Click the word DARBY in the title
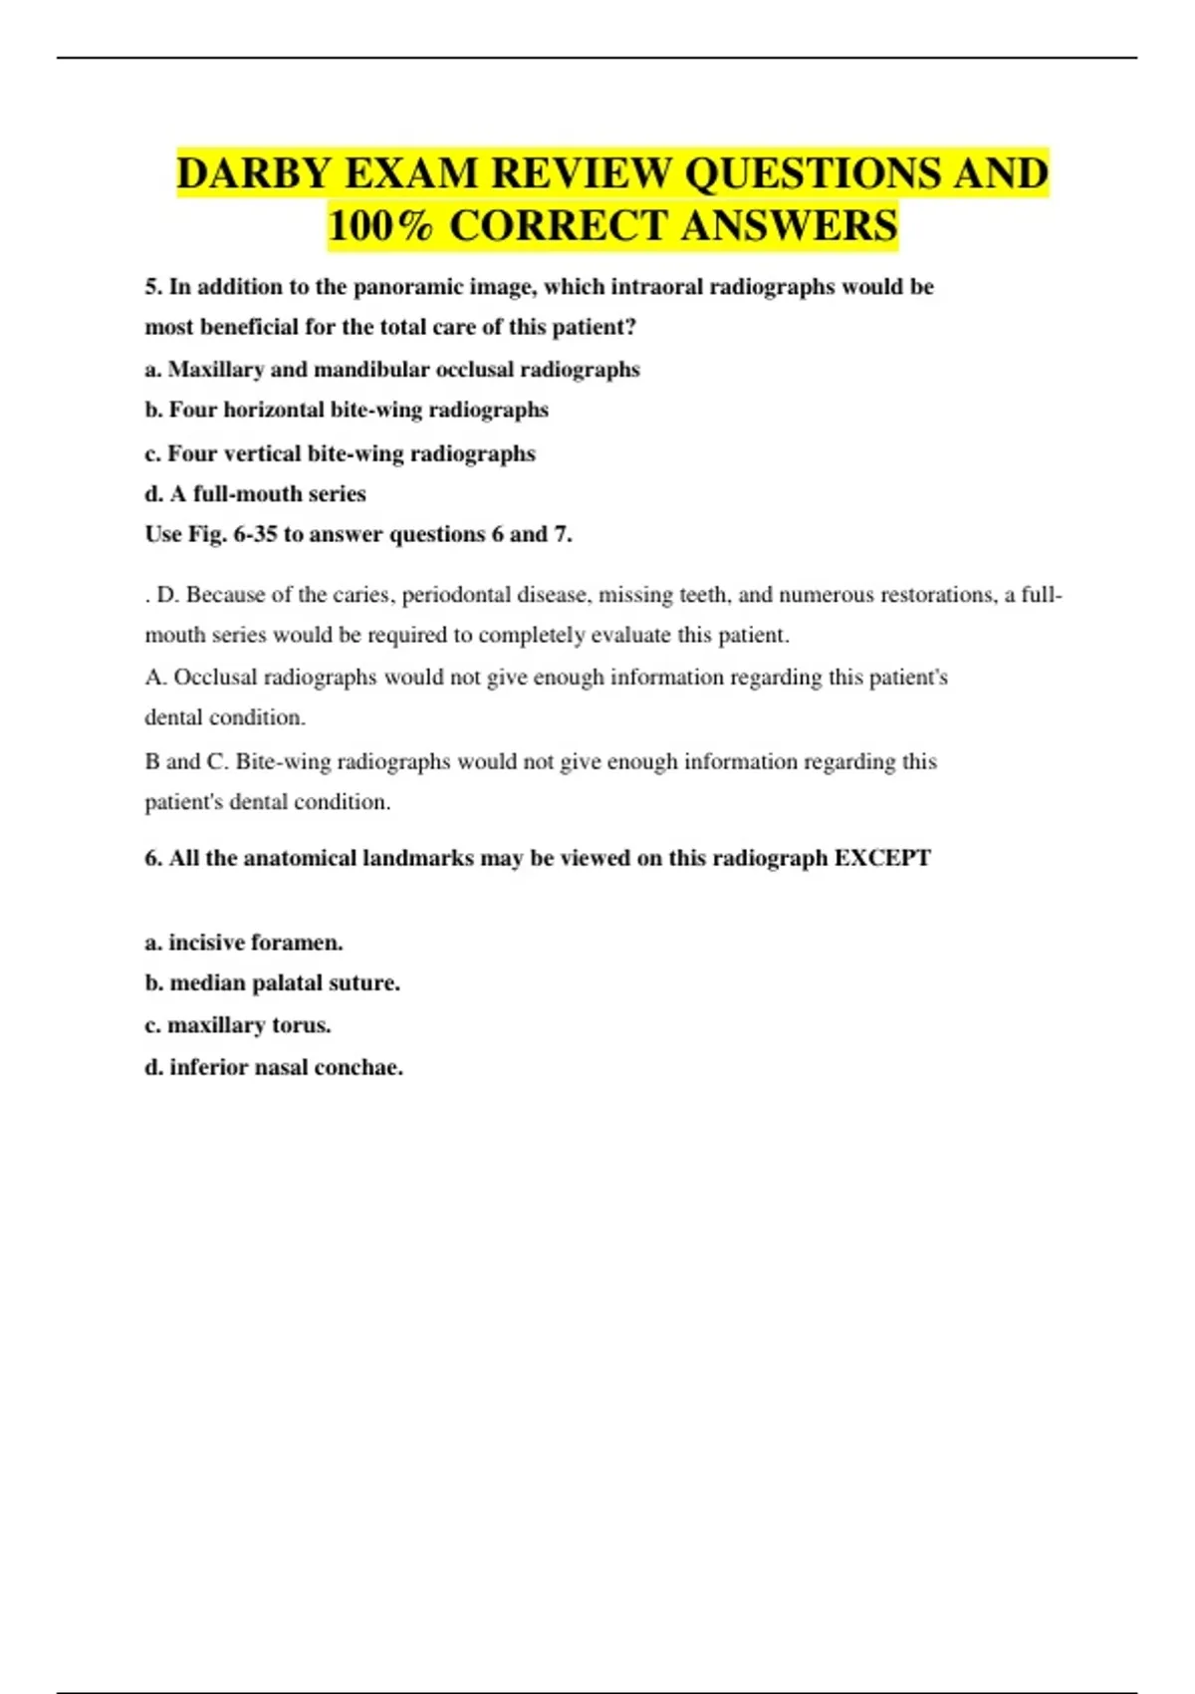coord(253,173)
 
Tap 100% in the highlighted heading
coord(380,226)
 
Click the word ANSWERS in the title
coord(789,226)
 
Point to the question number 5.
coord(153,287)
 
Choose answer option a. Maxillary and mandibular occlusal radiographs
coord(392,370)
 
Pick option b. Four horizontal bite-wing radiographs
coord(347,410)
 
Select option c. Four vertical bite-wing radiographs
coord(340,453)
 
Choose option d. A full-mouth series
coord(255,493)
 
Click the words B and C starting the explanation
coord(185,762)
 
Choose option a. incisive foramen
coord(244,943)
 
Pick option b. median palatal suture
coord(273,984)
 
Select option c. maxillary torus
coord(238,1025)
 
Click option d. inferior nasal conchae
coord(274,1067)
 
